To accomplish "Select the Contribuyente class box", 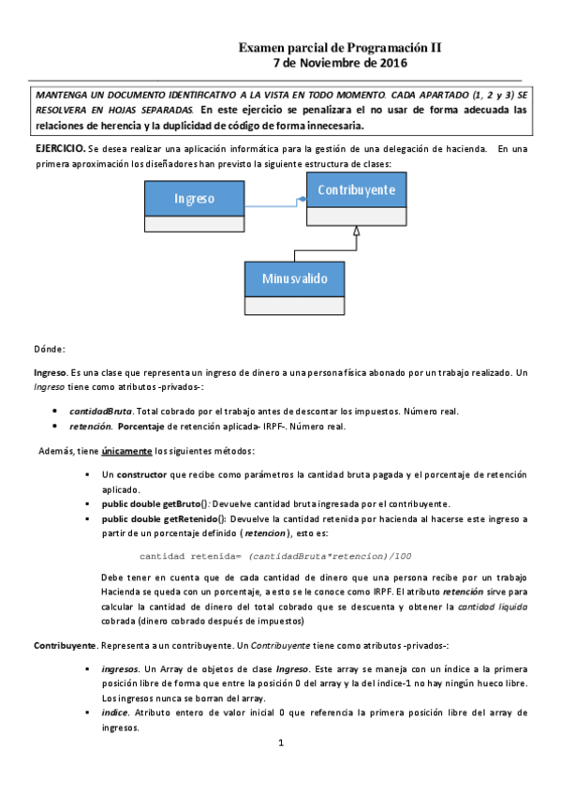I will tap(356, 198).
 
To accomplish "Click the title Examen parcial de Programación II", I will tap(339, 47).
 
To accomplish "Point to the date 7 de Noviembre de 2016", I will tap(339, 63).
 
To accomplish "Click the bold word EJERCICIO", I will tap(60, 149).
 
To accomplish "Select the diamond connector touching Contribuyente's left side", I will tap(302, 199).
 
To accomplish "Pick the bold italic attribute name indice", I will tap(115, 712).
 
